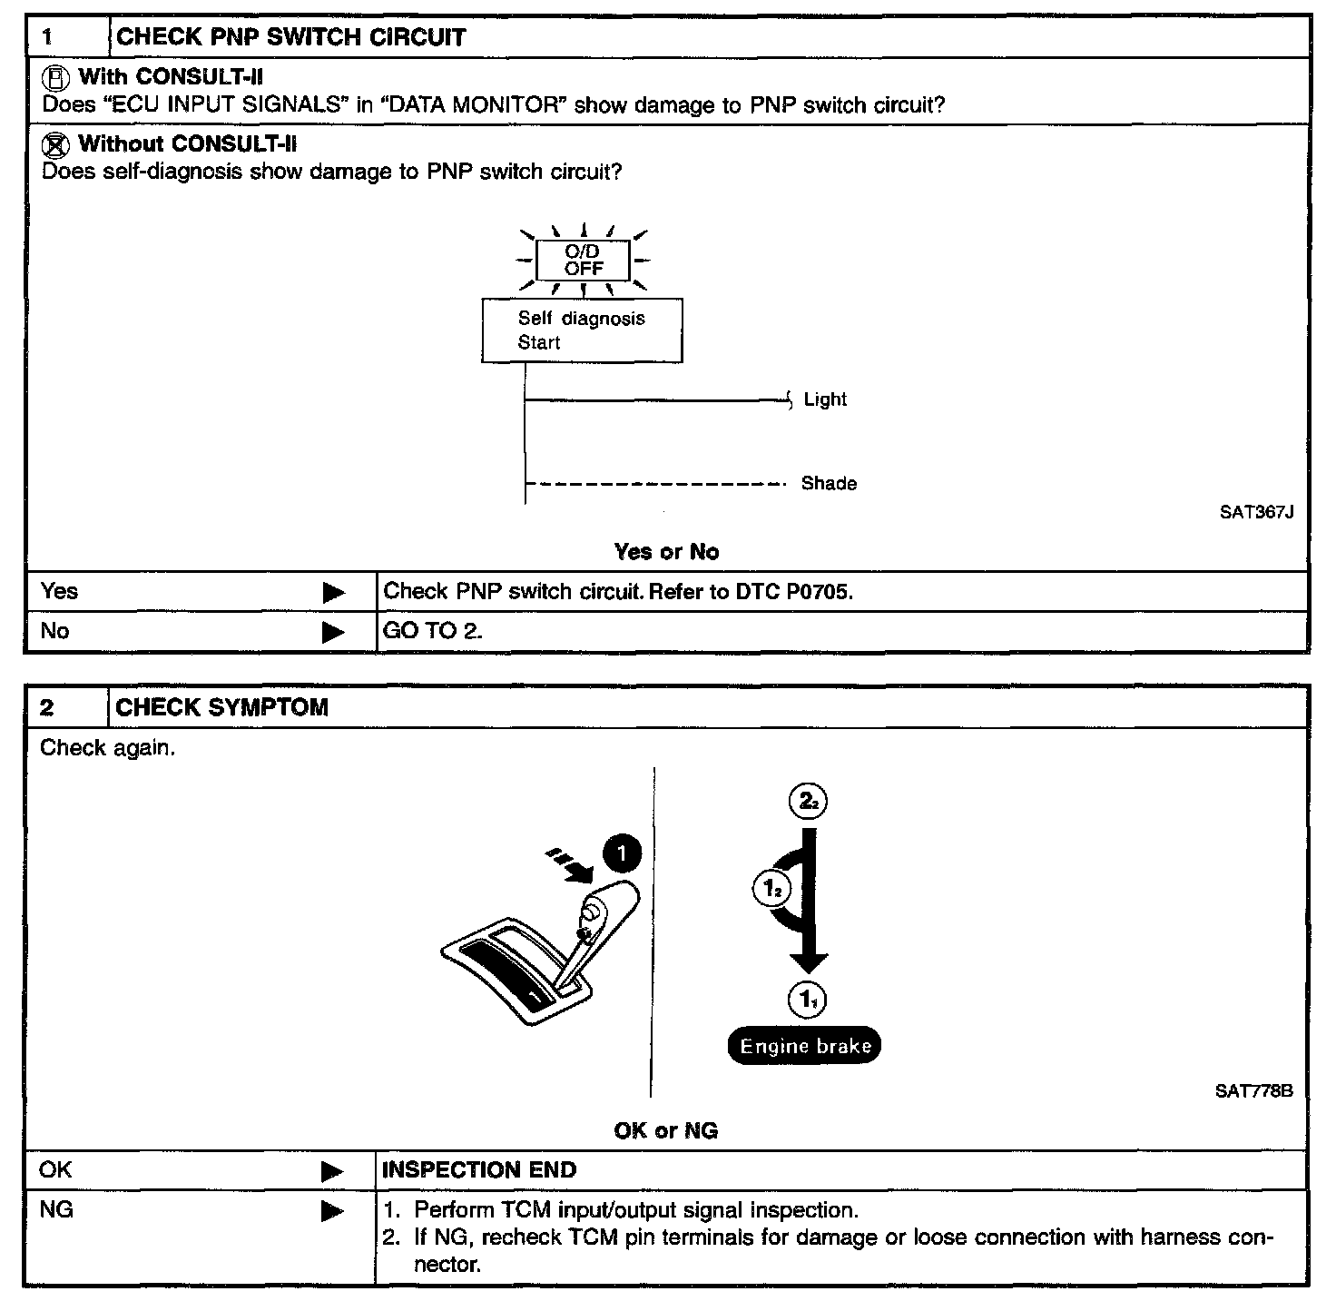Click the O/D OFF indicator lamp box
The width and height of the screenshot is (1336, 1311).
[x=583, y=261]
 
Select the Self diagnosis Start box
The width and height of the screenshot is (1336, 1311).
[x=582, y=330]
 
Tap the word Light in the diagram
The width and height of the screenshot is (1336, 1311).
[x=825, y=399]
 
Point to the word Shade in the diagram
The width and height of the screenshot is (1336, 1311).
[x=829, y=484]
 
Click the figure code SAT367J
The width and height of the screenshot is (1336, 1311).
[x=1256, y=512]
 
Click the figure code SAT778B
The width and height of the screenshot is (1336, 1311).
[x=1253, y=1091]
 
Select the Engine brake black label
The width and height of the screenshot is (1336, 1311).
[x=804, y=1046]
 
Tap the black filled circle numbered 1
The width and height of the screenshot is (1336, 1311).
[x=622, y=854]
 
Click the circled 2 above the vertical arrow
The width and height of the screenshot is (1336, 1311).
[x=808, y=802]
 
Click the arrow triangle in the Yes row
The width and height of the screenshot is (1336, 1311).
[x=334, y=593]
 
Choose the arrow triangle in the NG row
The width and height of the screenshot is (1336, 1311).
[x=333, y=1211]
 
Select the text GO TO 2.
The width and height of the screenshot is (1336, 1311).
[x=432, y=631]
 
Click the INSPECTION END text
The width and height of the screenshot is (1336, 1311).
[x=479, y=1170]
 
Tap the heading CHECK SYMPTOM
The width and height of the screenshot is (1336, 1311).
[x=222, y=708]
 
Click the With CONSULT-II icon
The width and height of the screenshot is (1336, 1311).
[x=57, y=77]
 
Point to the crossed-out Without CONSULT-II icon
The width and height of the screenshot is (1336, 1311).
[x=57, y=144]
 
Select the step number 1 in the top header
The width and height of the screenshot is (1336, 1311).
[x=48, y=38]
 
